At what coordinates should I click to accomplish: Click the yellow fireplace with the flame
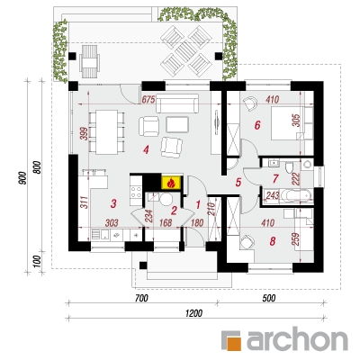[x=171, y=183]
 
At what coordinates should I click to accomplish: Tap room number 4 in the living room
[x=146, y=149]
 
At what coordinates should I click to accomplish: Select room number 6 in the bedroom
[x=257, y=125]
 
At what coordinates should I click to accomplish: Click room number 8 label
[x=273, y=241]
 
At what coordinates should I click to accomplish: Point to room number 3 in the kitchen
[x=113, y=203]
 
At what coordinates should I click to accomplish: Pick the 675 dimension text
[x=148, y=99]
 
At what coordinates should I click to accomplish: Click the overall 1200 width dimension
[x=194, y=313]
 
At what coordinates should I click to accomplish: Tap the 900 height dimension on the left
[x=22, y=177]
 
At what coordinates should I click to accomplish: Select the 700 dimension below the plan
[x=141, y=298]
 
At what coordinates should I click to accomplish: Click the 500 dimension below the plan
[x=269, y=298]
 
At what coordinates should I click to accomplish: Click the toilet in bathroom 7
[x=289, y=167]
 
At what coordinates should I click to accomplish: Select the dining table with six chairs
[x=107, y=132]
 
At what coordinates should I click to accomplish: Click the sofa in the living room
[x=177, y=103]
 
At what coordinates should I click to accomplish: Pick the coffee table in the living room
[x=177, y=124]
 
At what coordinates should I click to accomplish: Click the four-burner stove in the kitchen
[x=136, y=192]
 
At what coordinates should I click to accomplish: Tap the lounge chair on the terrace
[x=89, y=62]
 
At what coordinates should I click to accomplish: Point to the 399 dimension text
[x=84, y=134]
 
